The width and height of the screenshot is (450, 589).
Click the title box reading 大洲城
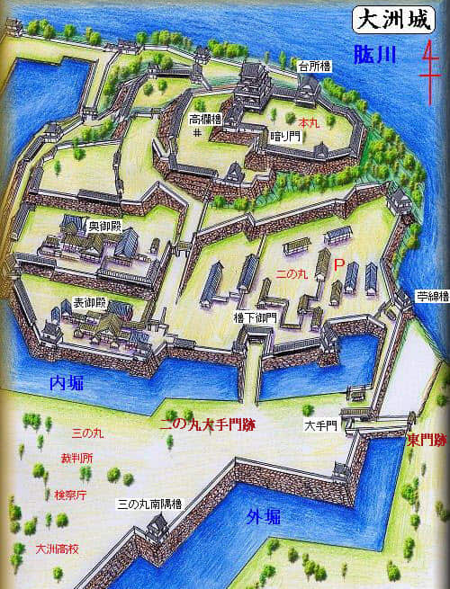coord(382,19)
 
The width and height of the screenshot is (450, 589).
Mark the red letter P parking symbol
coord(338,266)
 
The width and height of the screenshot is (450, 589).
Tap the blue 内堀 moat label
coord(65,384)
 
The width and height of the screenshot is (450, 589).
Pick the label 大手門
coord(319,424)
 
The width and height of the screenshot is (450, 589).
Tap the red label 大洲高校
coord(56,548)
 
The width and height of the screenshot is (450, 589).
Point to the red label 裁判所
coord(70,458)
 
